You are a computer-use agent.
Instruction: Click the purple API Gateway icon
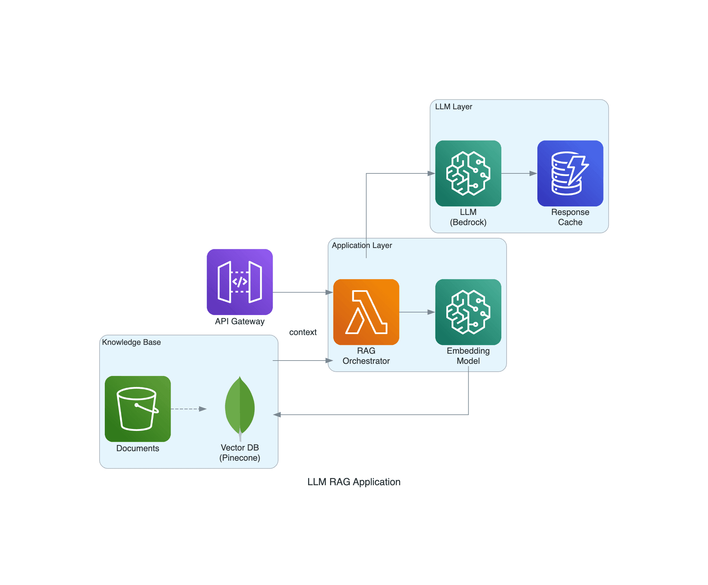click(x=240, y=282)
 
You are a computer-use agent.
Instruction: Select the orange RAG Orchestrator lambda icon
click(x=366, y=312)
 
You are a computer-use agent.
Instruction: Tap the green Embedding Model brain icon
click(x=468, y=312)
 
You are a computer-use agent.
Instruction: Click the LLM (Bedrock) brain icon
click(x=468, y=173)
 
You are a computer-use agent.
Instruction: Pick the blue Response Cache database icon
click(x=570, y=173)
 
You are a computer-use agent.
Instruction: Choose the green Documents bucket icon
click(x=138, y=409)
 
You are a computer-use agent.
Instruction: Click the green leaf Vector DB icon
click(x=240, y=408)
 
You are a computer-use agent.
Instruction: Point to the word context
click(x=303, y=332)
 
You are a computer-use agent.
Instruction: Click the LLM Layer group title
click(x=454, y=107)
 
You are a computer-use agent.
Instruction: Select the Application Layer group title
click(x=362, y=245)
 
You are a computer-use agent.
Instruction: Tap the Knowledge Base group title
click(x=132, y=342)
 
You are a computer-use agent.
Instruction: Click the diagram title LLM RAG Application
click(x=354, y=482)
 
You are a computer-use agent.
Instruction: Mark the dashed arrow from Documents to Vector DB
click(x=188, y=409)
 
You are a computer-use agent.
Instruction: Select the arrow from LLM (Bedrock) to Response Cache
click(x=519, y=173)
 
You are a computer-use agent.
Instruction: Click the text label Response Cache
click(x=570, y=217)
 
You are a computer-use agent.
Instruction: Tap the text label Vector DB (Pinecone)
click(x=240, y=452)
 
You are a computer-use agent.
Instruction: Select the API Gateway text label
click(x=240, y=321)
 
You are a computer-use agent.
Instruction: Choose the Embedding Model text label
click(x=468, y=356)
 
